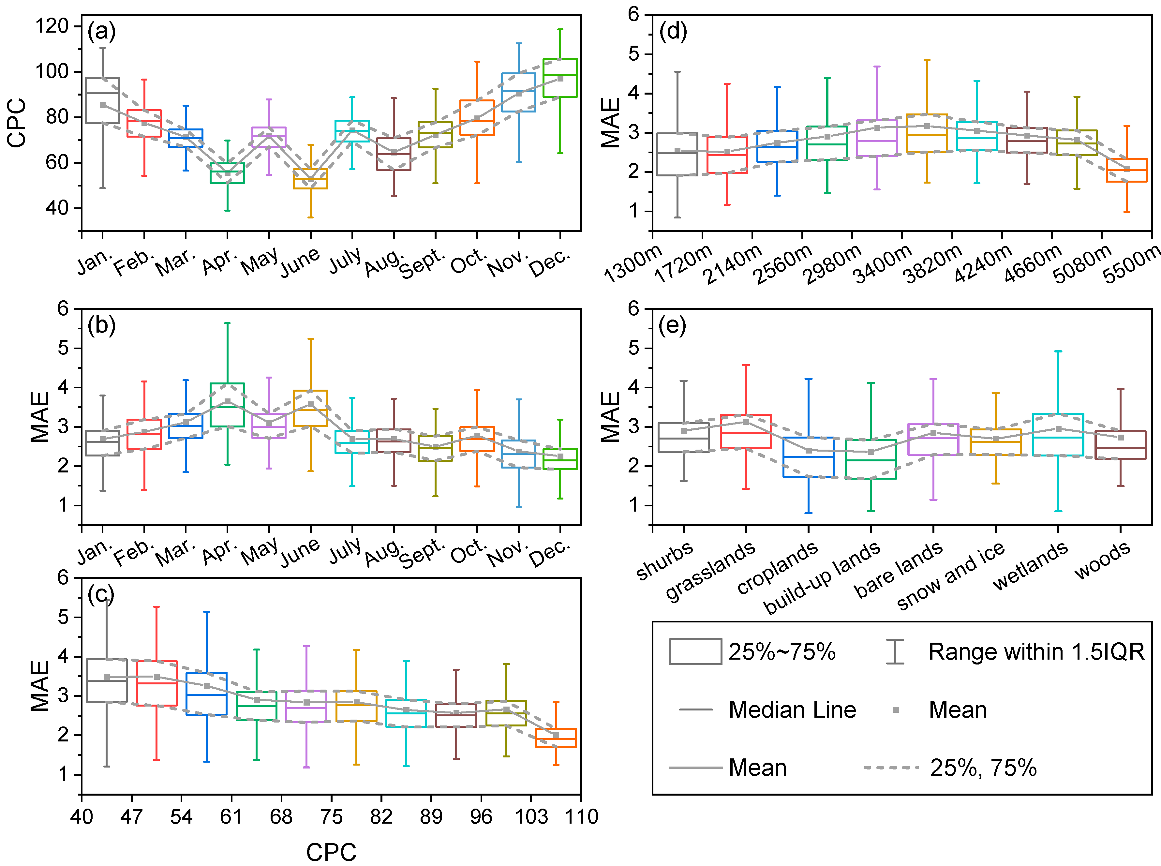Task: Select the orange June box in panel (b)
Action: (x=310, y=408)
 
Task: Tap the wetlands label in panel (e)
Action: (x=1030, y=566)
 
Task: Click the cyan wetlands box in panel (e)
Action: (x=1058, y=435)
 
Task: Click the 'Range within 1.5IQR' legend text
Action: (x=1036, y=651)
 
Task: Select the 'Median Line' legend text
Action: (x=792, y=710)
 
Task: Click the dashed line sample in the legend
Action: (x=891, y=768)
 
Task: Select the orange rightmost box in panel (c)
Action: (x=556, y=738)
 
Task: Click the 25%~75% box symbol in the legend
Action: (x=695, y=651)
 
